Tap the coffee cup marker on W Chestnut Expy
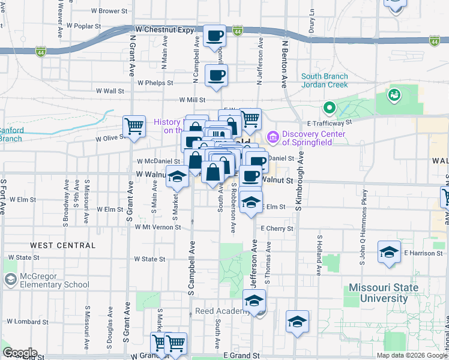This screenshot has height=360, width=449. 214,36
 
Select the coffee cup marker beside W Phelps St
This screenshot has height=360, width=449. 216,76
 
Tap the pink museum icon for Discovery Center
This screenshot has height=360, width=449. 273,138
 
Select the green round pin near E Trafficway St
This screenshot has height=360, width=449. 329,109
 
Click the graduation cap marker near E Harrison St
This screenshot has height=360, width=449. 389,252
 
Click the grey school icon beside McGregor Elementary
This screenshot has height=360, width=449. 10,280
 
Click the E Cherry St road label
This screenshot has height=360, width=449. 277,229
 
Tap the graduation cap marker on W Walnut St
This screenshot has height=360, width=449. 176,177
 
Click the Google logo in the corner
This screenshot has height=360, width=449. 19,353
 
